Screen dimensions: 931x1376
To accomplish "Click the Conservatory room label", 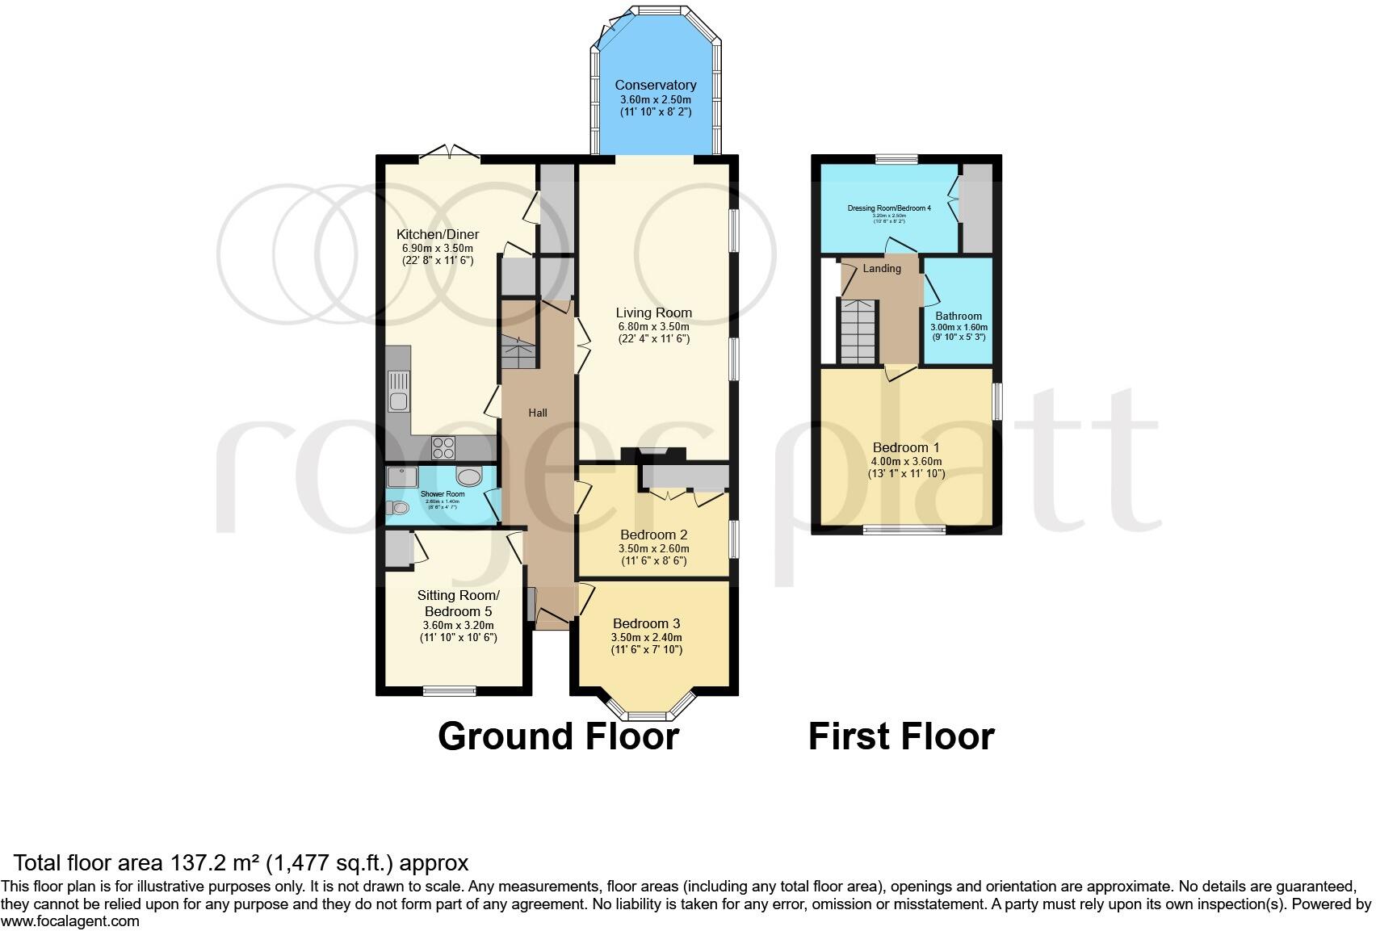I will click(655, 85).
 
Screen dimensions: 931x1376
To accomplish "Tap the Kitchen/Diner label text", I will click(437, 234).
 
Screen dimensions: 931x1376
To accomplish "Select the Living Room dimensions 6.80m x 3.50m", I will click(653, 326).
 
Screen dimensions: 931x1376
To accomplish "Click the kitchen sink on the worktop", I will click(399, 391).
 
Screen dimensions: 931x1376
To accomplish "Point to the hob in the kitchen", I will click(443, 447).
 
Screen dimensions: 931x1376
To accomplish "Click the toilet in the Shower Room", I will click(397, 508).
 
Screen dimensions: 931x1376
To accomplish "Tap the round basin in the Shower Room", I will click(468, 476).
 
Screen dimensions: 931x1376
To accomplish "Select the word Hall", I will click(538, 413).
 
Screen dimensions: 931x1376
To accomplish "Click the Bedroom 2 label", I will click(653, 535).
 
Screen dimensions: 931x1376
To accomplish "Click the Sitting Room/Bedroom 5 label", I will click(458, 603).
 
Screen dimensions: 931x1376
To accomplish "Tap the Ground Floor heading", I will click(558, 736).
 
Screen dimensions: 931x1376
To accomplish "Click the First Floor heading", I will click(901, 736).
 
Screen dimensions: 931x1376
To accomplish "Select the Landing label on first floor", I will click(881, 268).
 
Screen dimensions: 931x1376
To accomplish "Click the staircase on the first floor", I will click(858, 331).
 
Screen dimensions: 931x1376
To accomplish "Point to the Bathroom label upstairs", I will click(959, 316).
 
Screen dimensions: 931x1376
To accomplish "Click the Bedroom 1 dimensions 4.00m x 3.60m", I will click(906, 461).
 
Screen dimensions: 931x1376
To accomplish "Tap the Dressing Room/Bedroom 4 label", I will click(889, 208).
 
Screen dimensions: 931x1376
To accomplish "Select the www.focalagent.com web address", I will click(70, 921).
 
